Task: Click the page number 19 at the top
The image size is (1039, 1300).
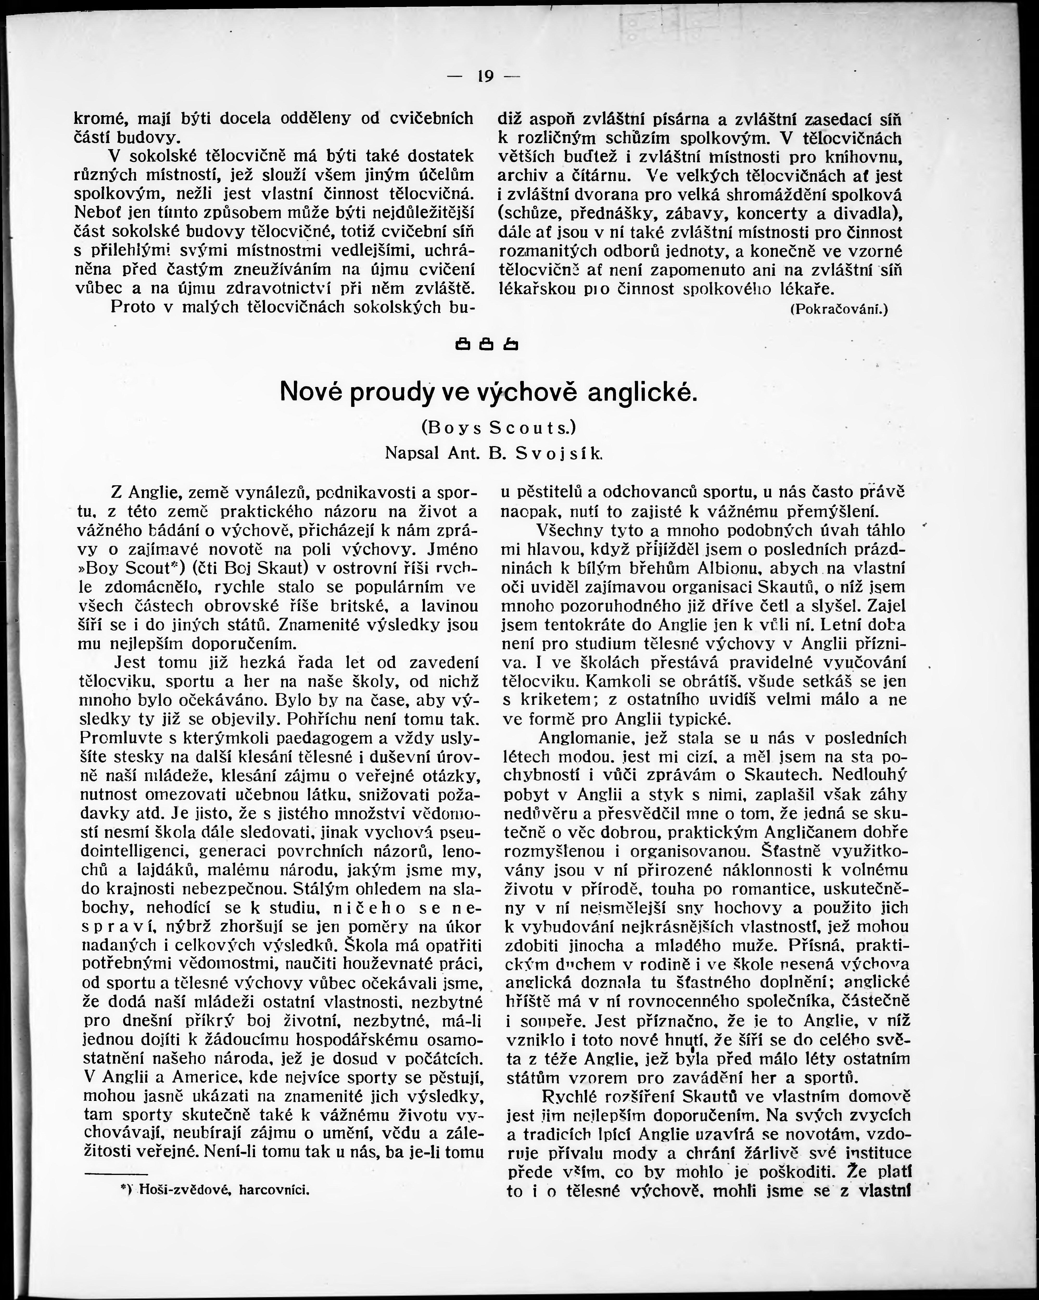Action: [x=485, y=76]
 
